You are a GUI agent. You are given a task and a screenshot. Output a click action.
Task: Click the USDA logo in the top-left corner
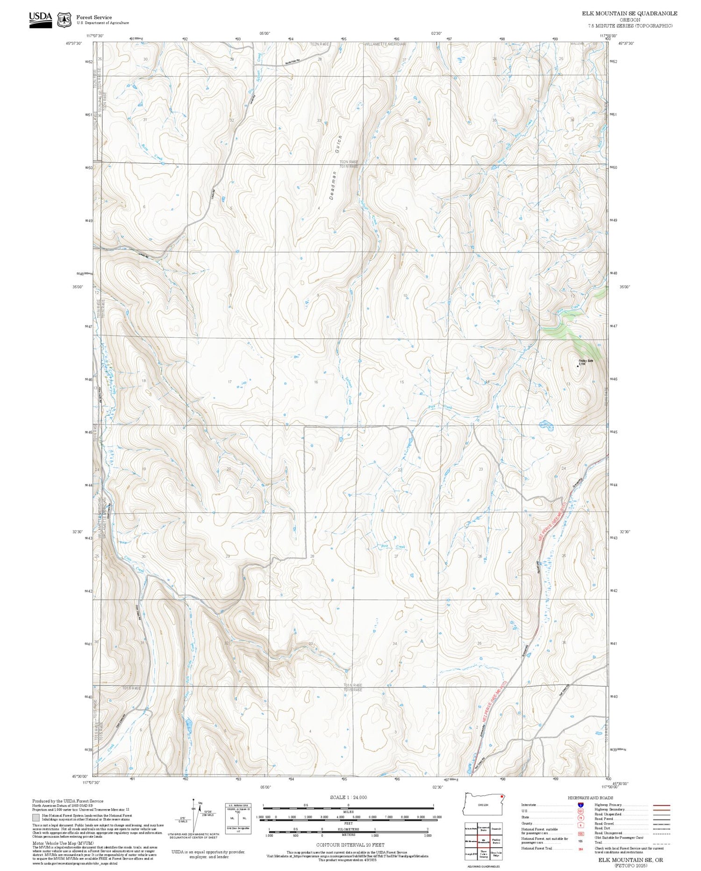[x=40, y=19]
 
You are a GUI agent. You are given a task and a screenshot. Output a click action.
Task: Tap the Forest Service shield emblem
[x=64, y=20]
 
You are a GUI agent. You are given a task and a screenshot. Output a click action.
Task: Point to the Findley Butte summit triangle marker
[x=577, y=366]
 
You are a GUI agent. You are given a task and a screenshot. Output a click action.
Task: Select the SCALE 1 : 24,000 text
[x=348, y=797]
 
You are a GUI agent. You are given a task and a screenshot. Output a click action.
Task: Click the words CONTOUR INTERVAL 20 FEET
[x=350, y=845]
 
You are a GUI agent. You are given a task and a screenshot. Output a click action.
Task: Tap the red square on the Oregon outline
[x=501, y=795]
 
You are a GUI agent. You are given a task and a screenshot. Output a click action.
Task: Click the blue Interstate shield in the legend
[x=580, y=805]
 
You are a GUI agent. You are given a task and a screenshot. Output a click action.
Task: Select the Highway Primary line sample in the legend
[x=659, y=806]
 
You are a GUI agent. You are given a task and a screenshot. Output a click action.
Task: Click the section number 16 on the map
[x=316, y=382]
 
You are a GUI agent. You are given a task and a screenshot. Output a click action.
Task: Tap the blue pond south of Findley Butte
[x=546, y=425]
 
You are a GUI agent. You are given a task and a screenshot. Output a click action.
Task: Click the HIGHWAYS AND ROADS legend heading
[x=590, y=798]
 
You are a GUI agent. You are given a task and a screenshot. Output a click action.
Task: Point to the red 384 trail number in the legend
[x=580, y=848]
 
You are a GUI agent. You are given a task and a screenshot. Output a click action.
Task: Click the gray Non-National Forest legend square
[x=36, y=818]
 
